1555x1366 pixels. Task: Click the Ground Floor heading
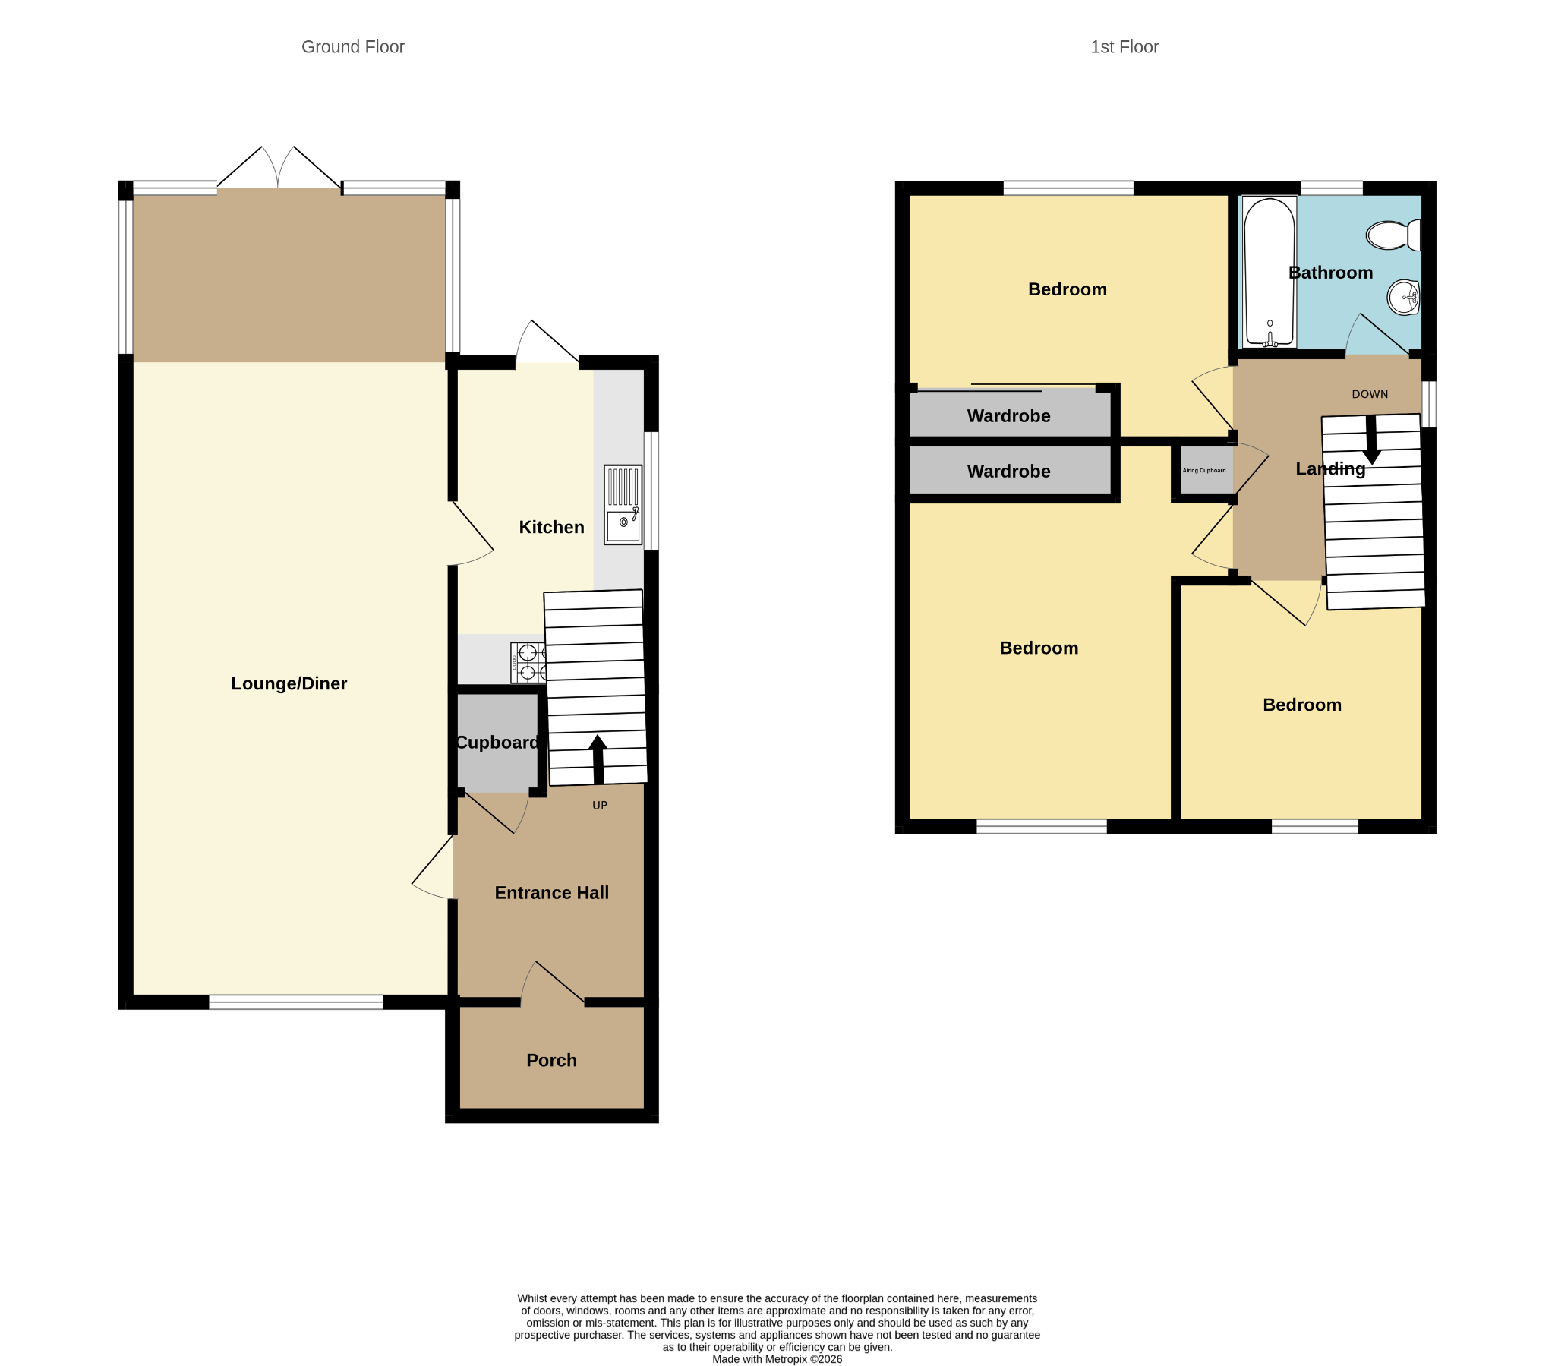point(353,47)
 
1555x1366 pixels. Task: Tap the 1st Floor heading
point(1124,47)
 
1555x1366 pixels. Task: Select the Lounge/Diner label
point(289,684)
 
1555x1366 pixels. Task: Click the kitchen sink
point(623,504)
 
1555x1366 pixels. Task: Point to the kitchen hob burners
point(528,662)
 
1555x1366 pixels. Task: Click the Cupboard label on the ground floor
point(497,743)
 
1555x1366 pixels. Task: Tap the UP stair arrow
point(598,759)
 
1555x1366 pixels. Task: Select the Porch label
point(551,1061)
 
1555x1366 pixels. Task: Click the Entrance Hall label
point(551,894)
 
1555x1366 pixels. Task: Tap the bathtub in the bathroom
point(1269,273)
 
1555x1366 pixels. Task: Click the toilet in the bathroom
point(1394,235)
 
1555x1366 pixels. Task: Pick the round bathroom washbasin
point(1404,298)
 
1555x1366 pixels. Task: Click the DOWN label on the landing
point(1370,394)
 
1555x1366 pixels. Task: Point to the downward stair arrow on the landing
point(1372,440)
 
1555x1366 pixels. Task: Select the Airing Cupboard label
point(1204,470)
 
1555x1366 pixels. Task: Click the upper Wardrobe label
point(1009,416)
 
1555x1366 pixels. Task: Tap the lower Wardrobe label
point(1009,472)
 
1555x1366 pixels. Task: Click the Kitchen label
point(551,528)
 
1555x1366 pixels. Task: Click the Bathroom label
point(1330,273)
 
